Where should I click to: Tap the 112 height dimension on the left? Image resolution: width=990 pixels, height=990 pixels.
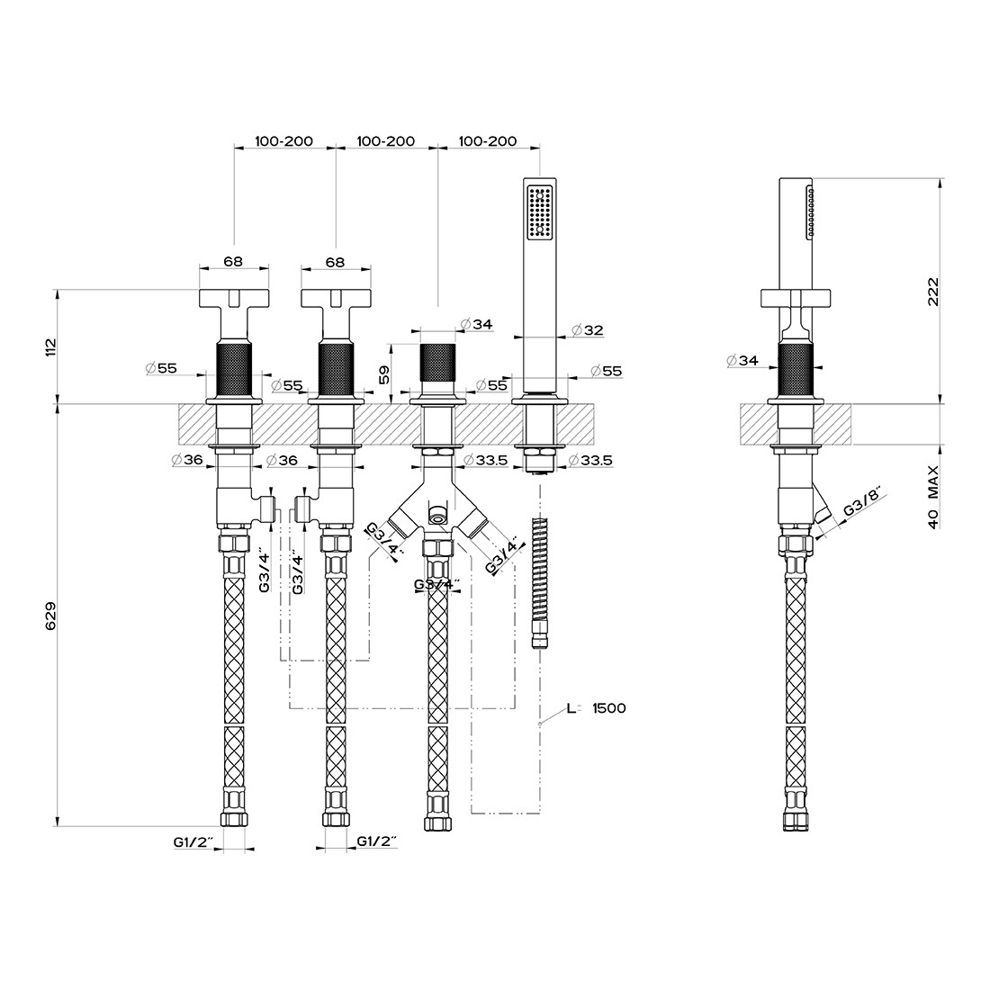[x=50, y=346]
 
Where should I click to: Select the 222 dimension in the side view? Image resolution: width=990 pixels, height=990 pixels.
[x=932, y=292]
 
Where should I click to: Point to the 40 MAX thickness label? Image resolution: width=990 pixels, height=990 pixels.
[x=932, y=496]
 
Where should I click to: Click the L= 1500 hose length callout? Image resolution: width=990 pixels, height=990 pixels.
[x=596, y=707]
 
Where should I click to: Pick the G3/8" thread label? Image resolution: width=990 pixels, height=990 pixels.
[x=862, y=504]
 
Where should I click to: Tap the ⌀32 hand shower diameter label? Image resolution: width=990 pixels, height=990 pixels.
[x=587, y=329]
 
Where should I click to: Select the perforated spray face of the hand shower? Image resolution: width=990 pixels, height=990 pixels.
[x=541, y=211]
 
